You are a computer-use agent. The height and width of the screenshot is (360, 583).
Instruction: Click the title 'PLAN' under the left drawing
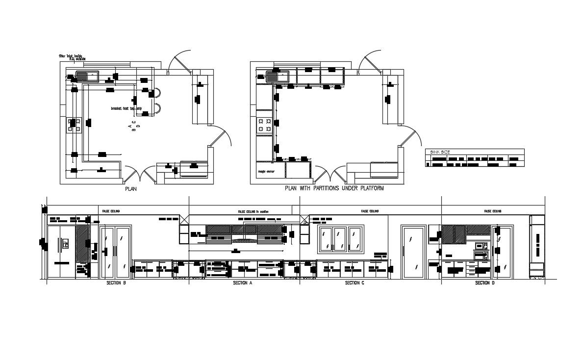coord(131,188)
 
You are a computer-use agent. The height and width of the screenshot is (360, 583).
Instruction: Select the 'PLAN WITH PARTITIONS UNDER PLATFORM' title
coord(334,188)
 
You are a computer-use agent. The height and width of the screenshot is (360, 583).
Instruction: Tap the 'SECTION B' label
coord(117,283)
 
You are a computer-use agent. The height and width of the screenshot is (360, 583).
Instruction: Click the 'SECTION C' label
coord(355,283)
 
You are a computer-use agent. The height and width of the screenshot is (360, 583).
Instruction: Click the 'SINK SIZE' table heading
coord(440,152)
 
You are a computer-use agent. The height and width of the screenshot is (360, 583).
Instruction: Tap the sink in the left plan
coord(87,76)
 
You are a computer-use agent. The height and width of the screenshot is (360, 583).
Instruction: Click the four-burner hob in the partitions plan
coord(265,125)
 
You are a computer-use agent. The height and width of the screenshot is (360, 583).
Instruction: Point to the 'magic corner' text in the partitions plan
coord(265,172)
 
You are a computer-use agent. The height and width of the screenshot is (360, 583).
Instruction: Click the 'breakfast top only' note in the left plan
coord(127,108)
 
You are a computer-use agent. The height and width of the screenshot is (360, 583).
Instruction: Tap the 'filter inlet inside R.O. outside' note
coord(72,57)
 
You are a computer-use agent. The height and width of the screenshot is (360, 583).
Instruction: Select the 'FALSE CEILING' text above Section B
coord(111,211)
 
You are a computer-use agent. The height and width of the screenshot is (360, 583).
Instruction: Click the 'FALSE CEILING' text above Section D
coord(492,211)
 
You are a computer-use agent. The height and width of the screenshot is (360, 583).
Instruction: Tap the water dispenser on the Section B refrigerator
coord(65,243)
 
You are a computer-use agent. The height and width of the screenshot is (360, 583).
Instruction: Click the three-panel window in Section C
coord(340,239)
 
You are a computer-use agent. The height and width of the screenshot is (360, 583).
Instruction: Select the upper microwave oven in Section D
coord(480,246)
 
